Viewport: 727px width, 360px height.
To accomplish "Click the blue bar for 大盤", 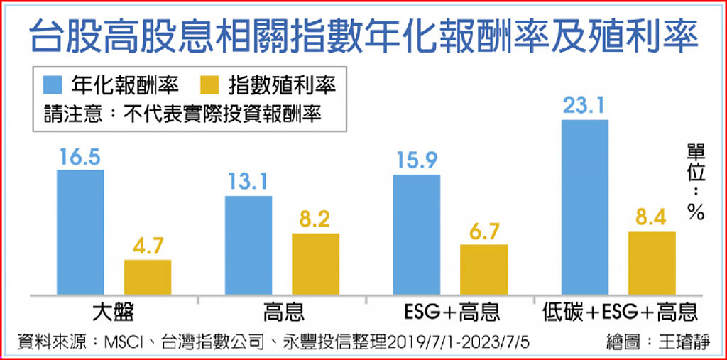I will pyautogui.click(x=80, y=231).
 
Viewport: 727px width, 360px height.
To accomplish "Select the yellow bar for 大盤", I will pyautogui.click(x=148, y=277).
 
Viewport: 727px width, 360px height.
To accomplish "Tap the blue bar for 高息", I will pyautogui.click(x=248, y=244).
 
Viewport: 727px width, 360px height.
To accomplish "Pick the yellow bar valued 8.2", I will pyautogui.click(x=315, y=263).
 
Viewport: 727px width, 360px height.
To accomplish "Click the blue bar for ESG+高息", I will pyautogui.click(x=416, y=234).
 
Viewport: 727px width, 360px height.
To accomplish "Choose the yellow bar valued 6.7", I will pyautogui.click(x=483, y=269).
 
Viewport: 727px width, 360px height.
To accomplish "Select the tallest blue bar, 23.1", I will pyautogui.click(x=584, y=207).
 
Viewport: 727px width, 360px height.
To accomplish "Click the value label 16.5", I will pyautogui.click(x=80, y=158).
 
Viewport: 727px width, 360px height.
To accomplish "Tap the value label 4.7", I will pyautogui.click(x=148, y=248).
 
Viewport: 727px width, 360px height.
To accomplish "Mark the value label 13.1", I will pyautogui.click(x=248, y=183).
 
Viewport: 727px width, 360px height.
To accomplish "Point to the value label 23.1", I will pyautogui.click(x=584, y=107).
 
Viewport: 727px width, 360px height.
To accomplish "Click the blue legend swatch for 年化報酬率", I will pyautogui.click(x=54, y=86).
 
